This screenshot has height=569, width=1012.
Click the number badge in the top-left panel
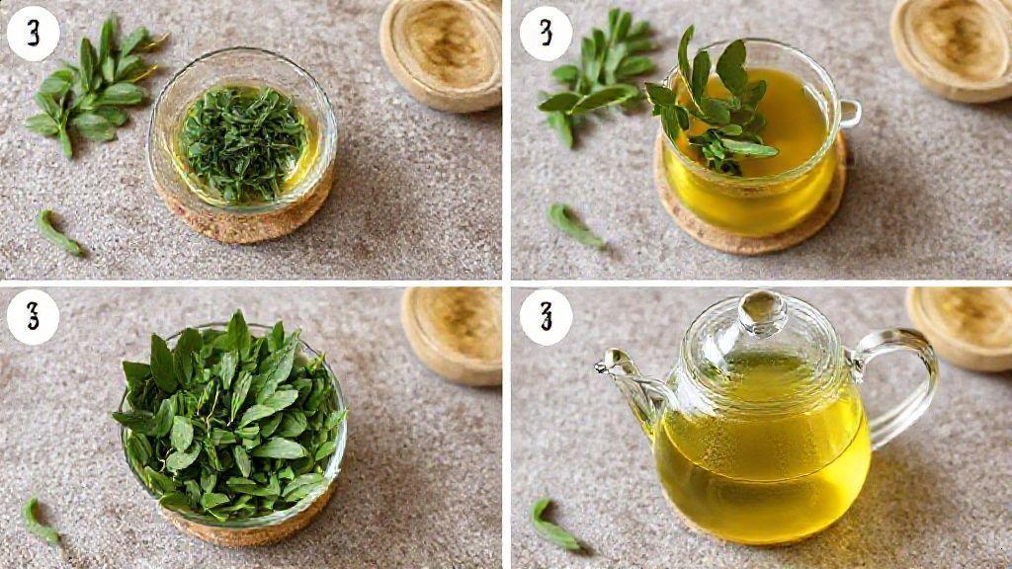click(x=33, y=33)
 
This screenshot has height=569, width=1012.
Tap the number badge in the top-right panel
click(x=546, y=33)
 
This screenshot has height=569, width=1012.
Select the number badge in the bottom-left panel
click(x=33, y=317)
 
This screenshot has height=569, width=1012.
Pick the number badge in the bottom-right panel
click(x=546, y=317)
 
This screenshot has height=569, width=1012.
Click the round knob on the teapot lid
click(x=762, y=312)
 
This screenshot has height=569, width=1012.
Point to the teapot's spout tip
click(x=600, y=366)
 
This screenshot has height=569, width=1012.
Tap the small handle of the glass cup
click(x=849, y=114)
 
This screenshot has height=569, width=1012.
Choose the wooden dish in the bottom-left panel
click(x=452, y=336)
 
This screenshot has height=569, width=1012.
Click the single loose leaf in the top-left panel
click(x=58, y=233)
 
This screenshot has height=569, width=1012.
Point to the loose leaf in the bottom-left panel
click(x=39, y=522)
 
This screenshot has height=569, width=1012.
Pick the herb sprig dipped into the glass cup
click(x=710, y=102)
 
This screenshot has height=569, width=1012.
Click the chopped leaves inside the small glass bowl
click(x=242, y=143)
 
